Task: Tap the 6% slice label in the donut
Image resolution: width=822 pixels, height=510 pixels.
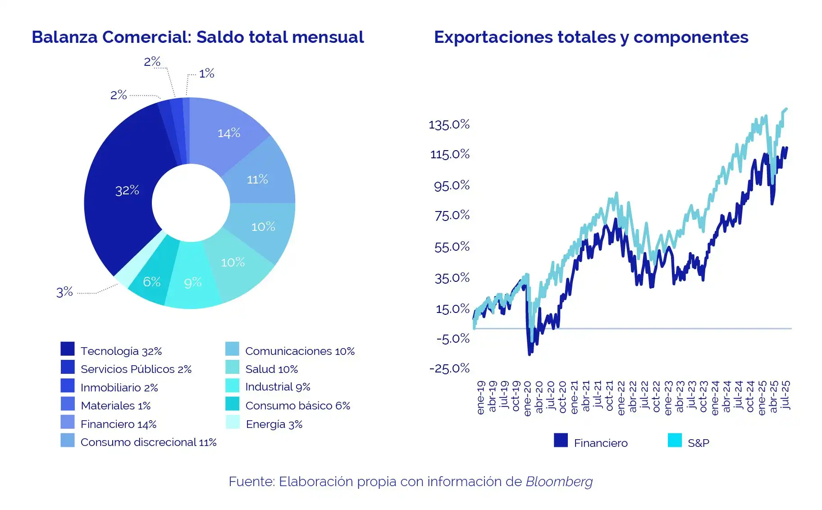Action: click(152, 282)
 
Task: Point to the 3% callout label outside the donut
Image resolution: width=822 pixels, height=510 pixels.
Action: click(64, 292)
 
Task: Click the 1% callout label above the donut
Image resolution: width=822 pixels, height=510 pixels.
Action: click(206, 74)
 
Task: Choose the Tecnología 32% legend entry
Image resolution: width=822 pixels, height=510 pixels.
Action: click(121, 351)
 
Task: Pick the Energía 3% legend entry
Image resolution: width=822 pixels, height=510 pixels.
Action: click(274, 424)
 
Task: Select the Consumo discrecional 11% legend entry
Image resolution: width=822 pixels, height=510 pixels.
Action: click(148, 442)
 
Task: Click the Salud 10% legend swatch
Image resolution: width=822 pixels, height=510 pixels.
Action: click(233, 368)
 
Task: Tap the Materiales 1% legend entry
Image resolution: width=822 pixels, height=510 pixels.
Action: click(115, 405)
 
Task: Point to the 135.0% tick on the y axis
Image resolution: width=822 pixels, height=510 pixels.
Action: click(449, 124)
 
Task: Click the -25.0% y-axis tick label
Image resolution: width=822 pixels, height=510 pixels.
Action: click(449, 368)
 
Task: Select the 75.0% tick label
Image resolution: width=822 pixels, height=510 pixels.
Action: click(452, 215)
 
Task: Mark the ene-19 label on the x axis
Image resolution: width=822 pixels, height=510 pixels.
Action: click(481, 397)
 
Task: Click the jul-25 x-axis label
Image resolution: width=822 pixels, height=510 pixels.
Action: click(785, 395)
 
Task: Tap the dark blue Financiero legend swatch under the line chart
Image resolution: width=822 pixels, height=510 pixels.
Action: click(561, 440)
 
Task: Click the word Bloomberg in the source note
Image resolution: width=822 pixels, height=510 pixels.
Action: click(559, 482)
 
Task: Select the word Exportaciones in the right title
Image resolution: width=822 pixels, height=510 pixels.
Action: click(493, 37)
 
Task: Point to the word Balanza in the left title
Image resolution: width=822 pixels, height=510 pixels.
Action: click(64, 37)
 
